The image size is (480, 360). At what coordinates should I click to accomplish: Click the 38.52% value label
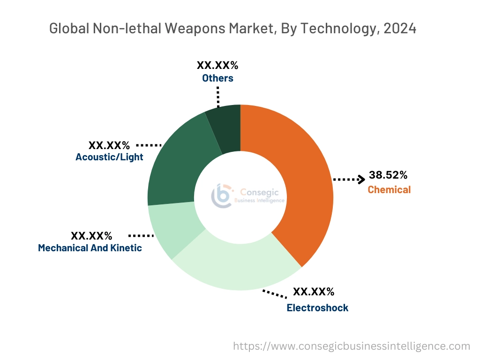(388, 175)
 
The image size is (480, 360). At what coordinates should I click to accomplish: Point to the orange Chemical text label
(389, 190)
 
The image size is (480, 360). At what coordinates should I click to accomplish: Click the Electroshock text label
(317, 308)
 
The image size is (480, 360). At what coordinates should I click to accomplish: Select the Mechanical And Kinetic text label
(90, 248)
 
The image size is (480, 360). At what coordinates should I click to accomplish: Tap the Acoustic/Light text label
(109, 157)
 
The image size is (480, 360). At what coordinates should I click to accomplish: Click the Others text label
(217, 78)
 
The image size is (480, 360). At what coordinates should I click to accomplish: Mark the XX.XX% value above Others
(217, 65)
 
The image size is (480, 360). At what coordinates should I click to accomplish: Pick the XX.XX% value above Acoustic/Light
(109, 145)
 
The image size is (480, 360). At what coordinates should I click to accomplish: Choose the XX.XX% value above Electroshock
(314, 292)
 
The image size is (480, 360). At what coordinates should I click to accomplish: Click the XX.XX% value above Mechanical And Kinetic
(91, 235)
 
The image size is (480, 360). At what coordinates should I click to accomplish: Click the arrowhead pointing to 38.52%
(361, 179)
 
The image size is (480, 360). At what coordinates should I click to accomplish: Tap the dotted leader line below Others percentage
(218, 96)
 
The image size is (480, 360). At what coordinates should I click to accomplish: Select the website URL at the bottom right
(352, 346)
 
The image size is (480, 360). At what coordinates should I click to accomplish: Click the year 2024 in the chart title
(400, 29)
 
